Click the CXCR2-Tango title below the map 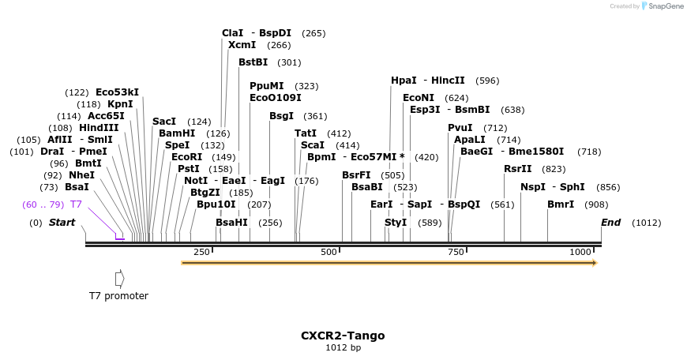coord(343,336)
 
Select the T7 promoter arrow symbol coord(119,278)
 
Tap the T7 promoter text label coord(118,296)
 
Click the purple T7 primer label coord(76,204)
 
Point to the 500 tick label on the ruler coord(328,252)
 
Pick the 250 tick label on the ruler coord(201,252)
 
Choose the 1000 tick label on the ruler coord(580,252)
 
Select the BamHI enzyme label coord(177,133)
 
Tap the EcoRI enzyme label coord(187,157)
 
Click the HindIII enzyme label coord(99,128)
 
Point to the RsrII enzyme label coord(518,169)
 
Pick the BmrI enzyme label coord(561,204)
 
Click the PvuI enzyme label coord(460,128)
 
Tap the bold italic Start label coord(62,223)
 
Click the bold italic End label coord(610,223)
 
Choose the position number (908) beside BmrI coord(596,204)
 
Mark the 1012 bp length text coord(343,348)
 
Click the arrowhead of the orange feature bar coord(594,263)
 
